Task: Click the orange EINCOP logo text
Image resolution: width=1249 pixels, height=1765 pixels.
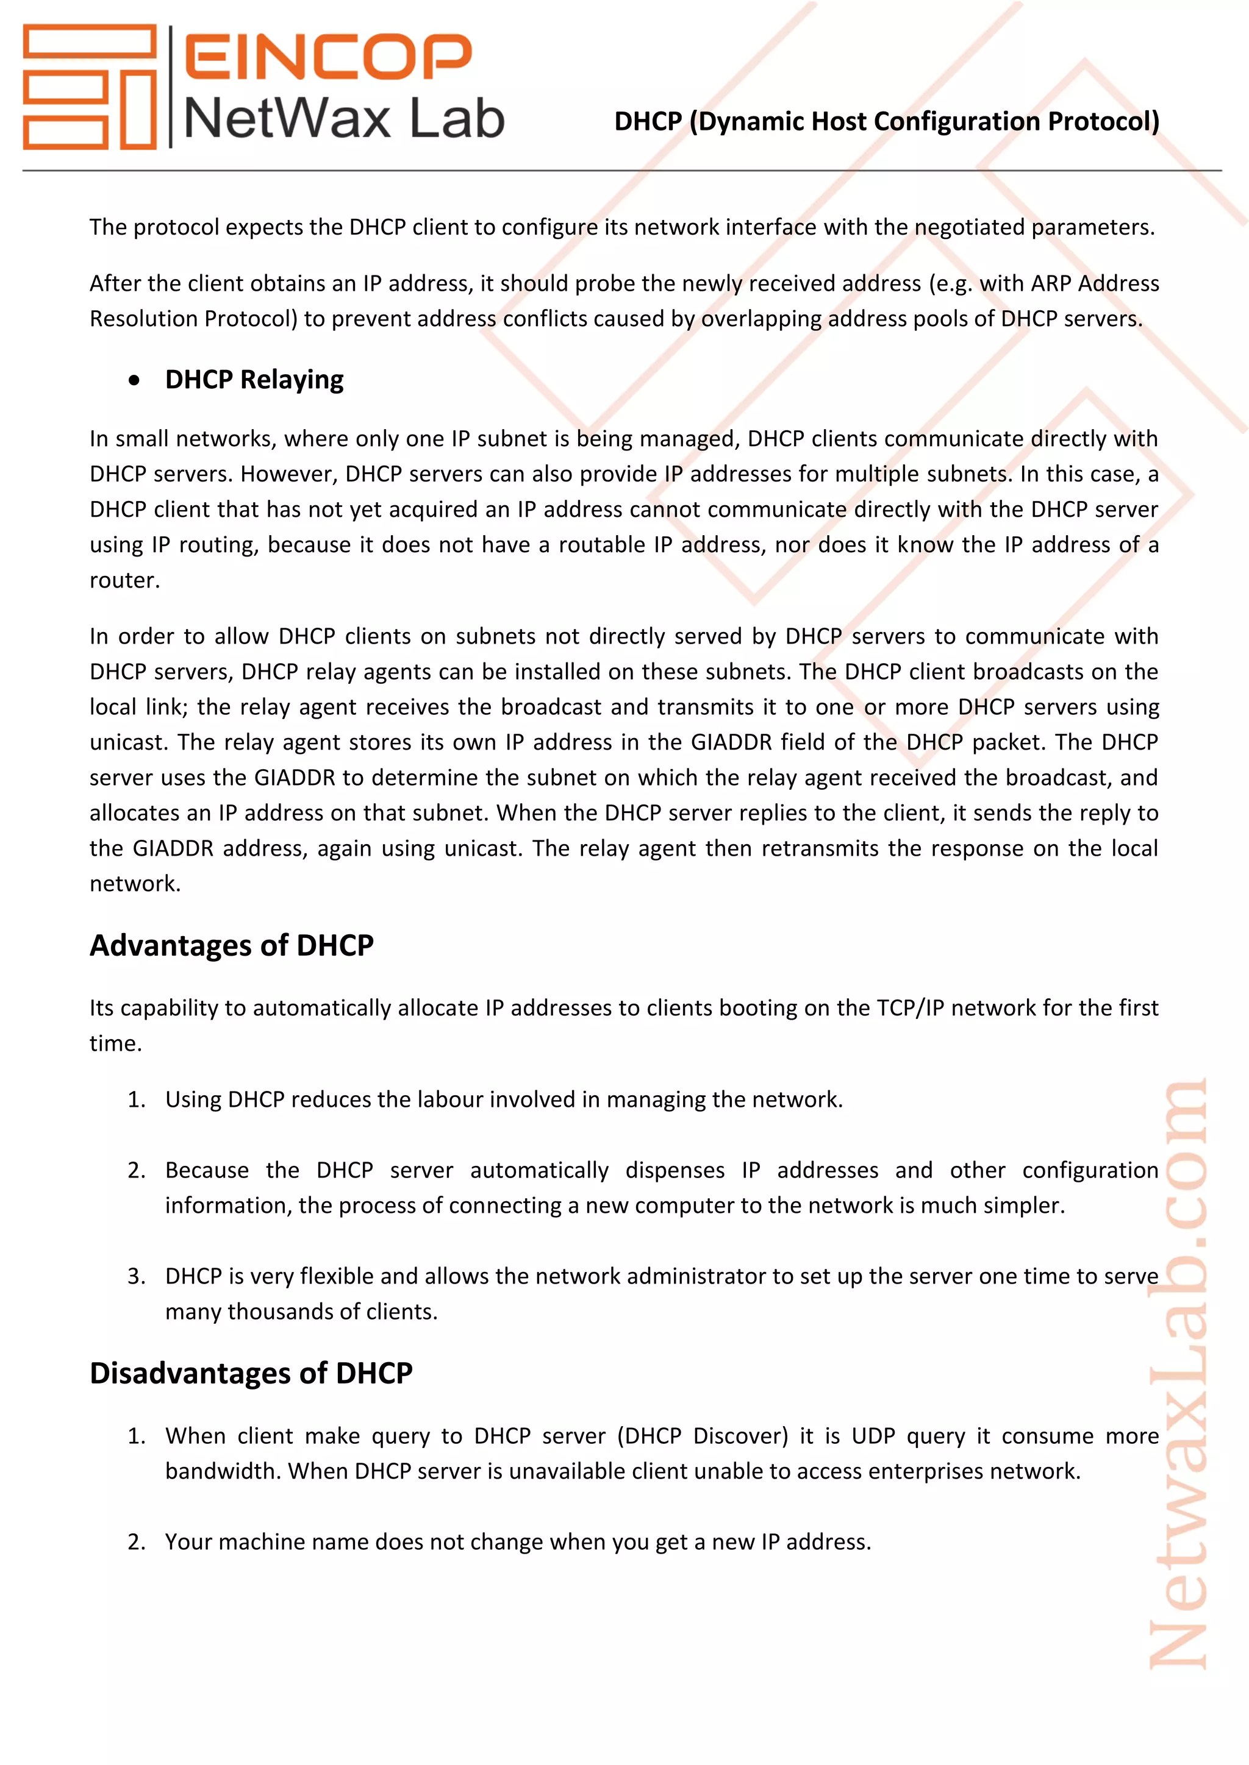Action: click(x=327, y=56)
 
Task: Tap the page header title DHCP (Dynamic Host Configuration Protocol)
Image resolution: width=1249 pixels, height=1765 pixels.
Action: click(x=886, y=121)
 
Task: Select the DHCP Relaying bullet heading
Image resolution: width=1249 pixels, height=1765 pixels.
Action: click(x=254, y=380)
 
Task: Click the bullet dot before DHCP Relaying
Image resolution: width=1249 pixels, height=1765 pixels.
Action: click(x=135, y=380)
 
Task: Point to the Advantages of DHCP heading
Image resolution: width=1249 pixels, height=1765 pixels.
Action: click(x=232, y=945)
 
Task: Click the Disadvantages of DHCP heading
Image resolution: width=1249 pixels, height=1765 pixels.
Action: click(x=251, y=1372)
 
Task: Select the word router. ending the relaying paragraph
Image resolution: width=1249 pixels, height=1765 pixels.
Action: click(x=124, y=580)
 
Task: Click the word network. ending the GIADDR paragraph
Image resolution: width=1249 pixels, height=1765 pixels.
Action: click(x=135, y=883)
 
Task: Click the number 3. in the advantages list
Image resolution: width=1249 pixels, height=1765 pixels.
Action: click(x=137, y=1276)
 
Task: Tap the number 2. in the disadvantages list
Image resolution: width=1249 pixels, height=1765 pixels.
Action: click(x=137, y=1541)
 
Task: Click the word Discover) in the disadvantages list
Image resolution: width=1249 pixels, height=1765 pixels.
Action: click(x=740, y=1436)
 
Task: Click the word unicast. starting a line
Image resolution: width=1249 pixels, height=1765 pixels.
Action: click(x=129, y=742)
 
